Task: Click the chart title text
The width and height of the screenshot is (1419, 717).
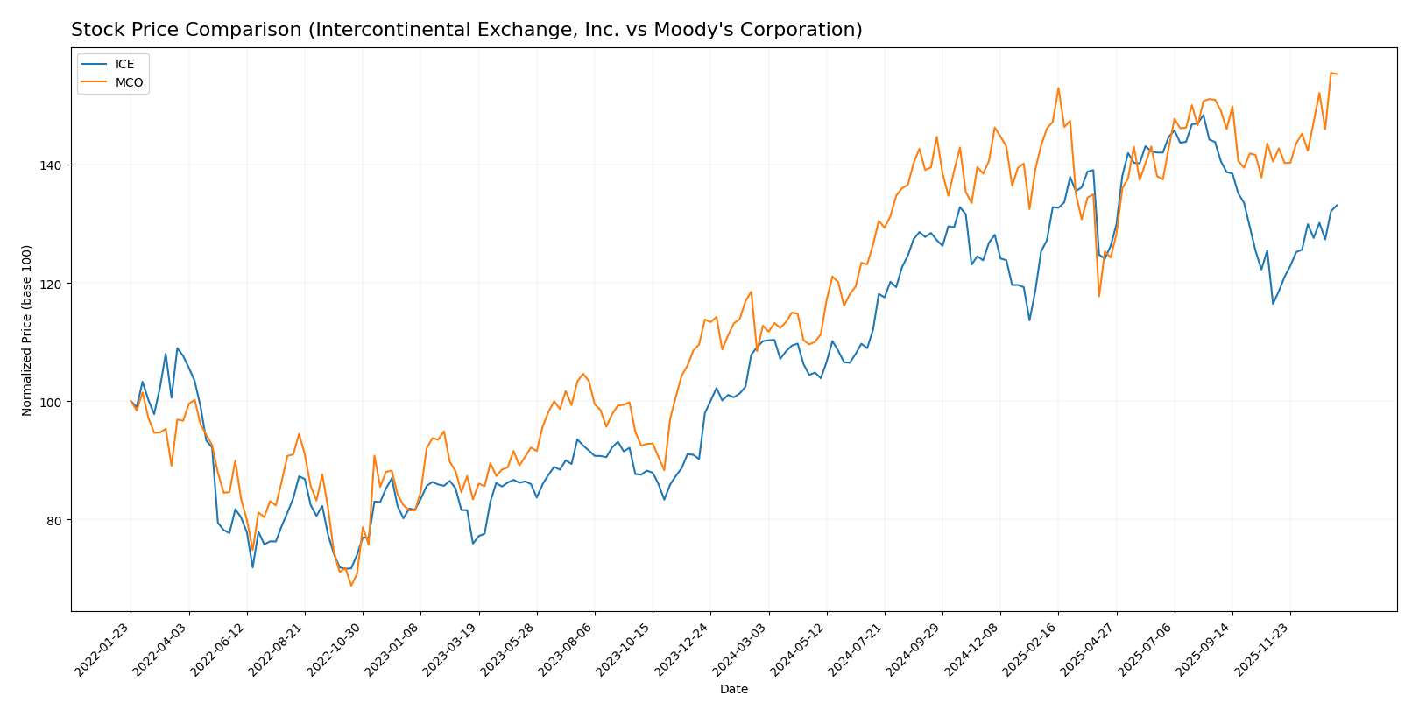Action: (466, 30)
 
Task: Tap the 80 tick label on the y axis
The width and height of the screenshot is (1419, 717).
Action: (55, 520)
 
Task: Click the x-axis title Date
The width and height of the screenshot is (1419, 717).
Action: (733, 690)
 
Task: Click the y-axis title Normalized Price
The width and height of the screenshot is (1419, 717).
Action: (27, 330)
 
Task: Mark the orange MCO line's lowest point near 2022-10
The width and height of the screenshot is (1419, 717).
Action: (351, 585)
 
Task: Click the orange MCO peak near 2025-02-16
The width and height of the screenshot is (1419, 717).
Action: (1058, 88)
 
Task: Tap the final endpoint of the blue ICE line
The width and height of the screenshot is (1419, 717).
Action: (1337, 205)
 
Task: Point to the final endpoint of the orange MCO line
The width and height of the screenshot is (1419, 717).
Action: (1337, 74)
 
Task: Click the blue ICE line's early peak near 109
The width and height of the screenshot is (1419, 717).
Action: (177, 348)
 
